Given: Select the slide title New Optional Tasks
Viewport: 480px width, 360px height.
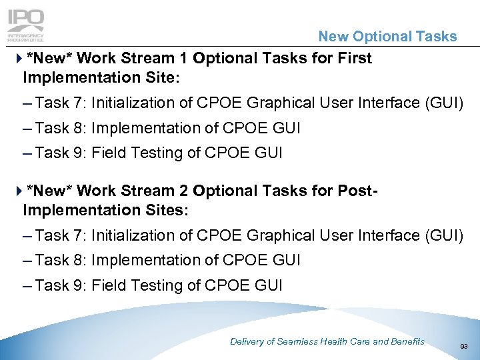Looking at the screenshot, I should (387, 37).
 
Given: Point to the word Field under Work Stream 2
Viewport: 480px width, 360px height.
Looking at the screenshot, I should (107, 285).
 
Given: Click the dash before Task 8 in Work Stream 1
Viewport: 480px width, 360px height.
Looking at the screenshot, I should (27, 128).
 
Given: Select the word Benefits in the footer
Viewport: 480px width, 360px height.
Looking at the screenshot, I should (407, 341).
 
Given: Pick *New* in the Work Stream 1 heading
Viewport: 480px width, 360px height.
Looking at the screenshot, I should (50, 58).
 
